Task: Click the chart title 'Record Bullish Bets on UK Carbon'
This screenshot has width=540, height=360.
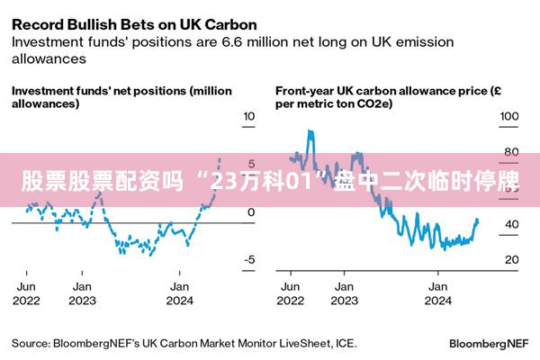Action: [x=134, y=23]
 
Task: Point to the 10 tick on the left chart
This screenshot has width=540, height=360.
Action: [x=249, y=117]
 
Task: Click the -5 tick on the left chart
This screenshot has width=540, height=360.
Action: [x=249, y=260]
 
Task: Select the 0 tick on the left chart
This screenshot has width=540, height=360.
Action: [x=251, y=212]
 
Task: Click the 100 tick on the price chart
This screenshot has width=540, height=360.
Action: [x=509, y=117]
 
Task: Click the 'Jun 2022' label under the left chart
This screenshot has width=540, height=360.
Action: [x=26, y=293]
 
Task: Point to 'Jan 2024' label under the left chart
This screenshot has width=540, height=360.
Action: [x=180, y=293]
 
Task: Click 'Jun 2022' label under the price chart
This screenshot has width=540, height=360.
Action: [x=291, y=293]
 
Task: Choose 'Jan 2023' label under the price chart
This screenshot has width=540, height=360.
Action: [x=344, y=293]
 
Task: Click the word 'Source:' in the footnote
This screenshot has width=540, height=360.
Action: [x=30, y=343]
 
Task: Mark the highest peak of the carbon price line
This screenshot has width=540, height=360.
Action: [x=310, y=131]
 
